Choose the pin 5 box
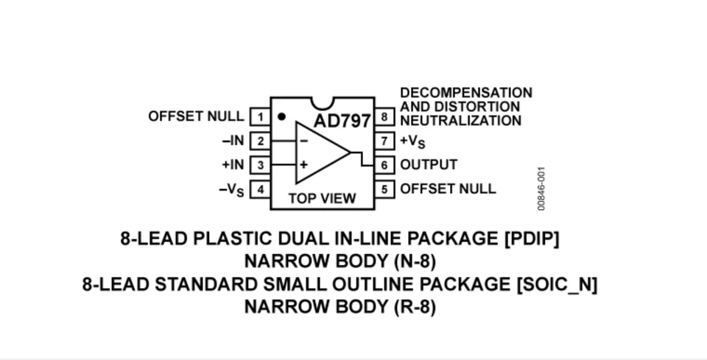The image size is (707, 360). click(x=384, y=189)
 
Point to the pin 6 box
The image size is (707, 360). click(x=384, y=165)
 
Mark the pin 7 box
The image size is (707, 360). click(x=384, y=141)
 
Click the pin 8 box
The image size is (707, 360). click(x=384, y=116)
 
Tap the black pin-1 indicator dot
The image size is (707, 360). click(x=281, y=116)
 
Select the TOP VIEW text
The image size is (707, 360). click(x=322, y=198)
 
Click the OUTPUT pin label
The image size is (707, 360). click(x=429, y=165)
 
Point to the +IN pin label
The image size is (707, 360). click(x=233, y=165)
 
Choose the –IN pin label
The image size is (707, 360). click(x=233, y=141)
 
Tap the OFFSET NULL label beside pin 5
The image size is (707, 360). click(x=448, y=188)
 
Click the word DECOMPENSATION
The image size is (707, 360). click(x=466, y=93)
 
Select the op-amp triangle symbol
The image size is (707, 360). click(x=320, y=153)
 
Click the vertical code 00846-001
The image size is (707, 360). click(x=541, y=189)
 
